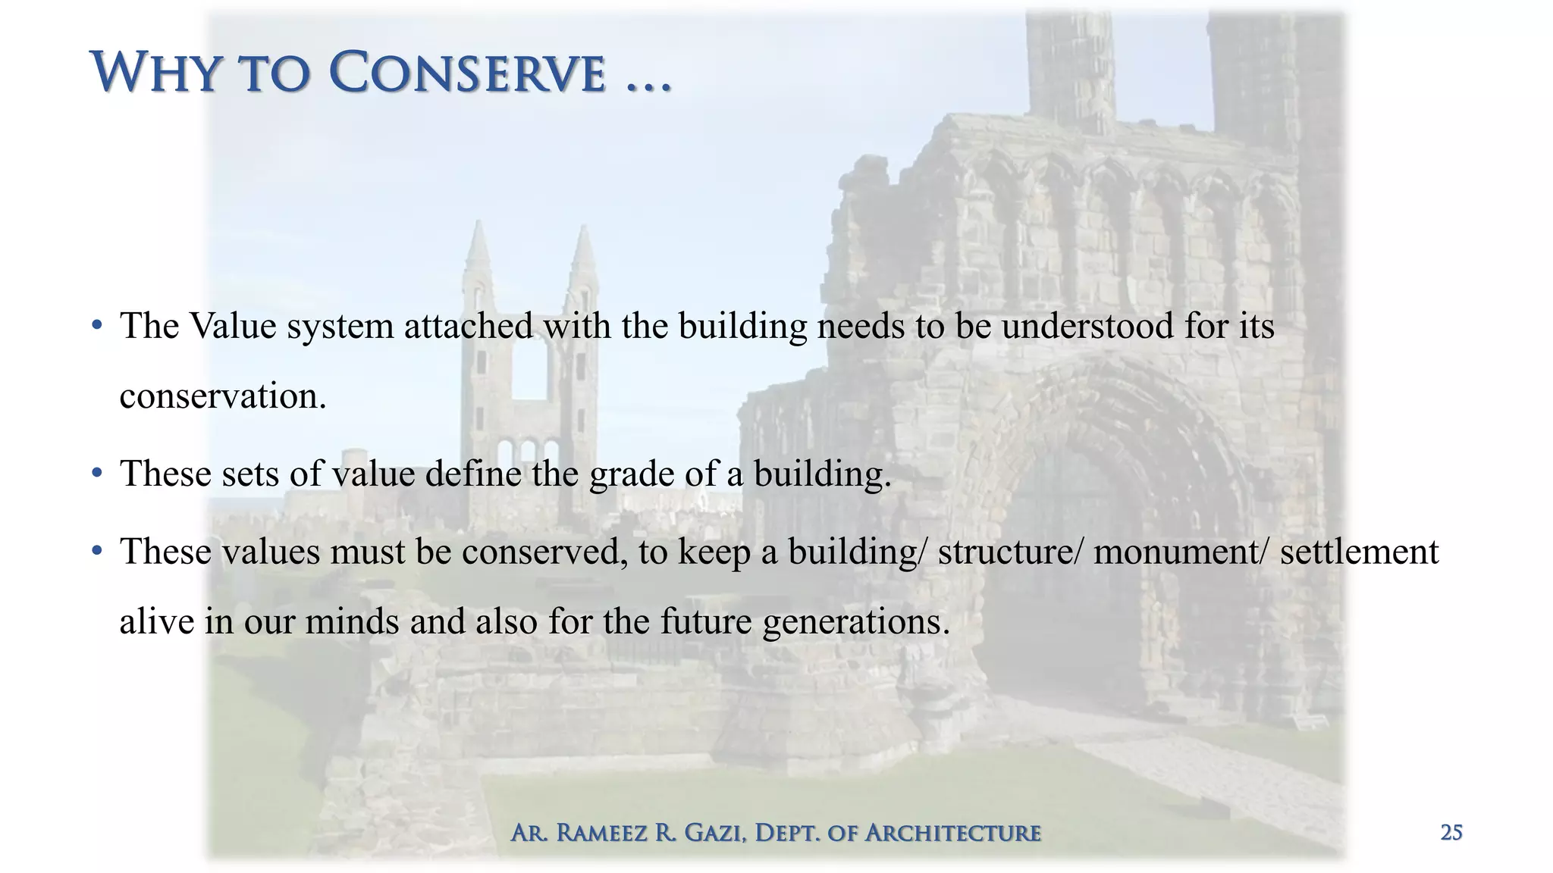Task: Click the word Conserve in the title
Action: coord(468,74)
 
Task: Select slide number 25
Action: coord(1451,833)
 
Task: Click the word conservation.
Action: coord(223,396)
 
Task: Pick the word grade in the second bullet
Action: coord(632,475)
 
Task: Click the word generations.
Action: coord(856,622)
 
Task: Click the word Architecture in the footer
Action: coord(953,833)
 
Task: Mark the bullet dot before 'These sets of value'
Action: coord(96,474)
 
